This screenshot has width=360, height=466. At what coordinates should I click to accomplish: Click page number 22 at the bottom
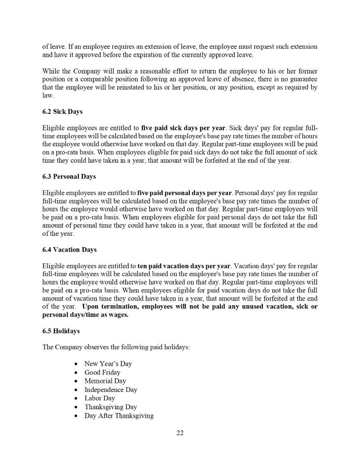coord(180,433)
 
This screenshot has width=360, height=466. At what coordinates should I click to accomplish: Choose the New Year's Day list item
coord(108,363)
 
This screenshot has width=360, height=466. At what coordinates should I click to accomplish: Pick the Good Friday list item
coord(102,372)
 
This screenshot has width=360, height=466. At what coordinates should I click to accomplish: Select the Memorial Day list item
coord(105,381)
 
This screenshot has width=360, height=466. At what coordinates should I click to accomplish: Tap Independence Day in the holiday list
coord(111,390)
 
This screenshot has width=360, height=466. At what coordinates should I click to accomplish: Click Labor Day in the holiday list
coord(99,398)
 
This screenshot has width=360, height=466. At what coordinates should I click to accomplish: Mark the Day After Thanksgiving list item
coord(119,416)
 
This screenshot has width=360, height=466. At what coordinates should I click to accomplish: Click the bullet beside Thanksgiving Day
coord(76,407)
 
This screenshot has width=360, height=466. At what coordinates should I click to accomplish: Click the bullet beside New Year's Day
coord(76,364)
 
